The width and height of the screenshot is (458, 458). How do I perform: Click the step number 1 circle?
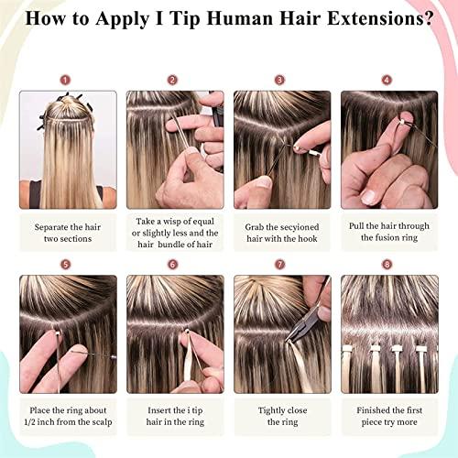65,79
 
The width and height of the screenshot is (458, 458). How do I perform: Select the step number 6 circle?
172,264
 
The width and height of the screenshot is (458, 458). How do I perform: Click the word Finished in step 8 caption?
364,409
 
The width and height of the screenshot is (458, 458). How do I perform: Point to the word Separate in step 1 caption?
49,224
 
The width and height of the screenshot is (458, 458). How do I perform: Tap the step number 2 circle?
172,79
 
